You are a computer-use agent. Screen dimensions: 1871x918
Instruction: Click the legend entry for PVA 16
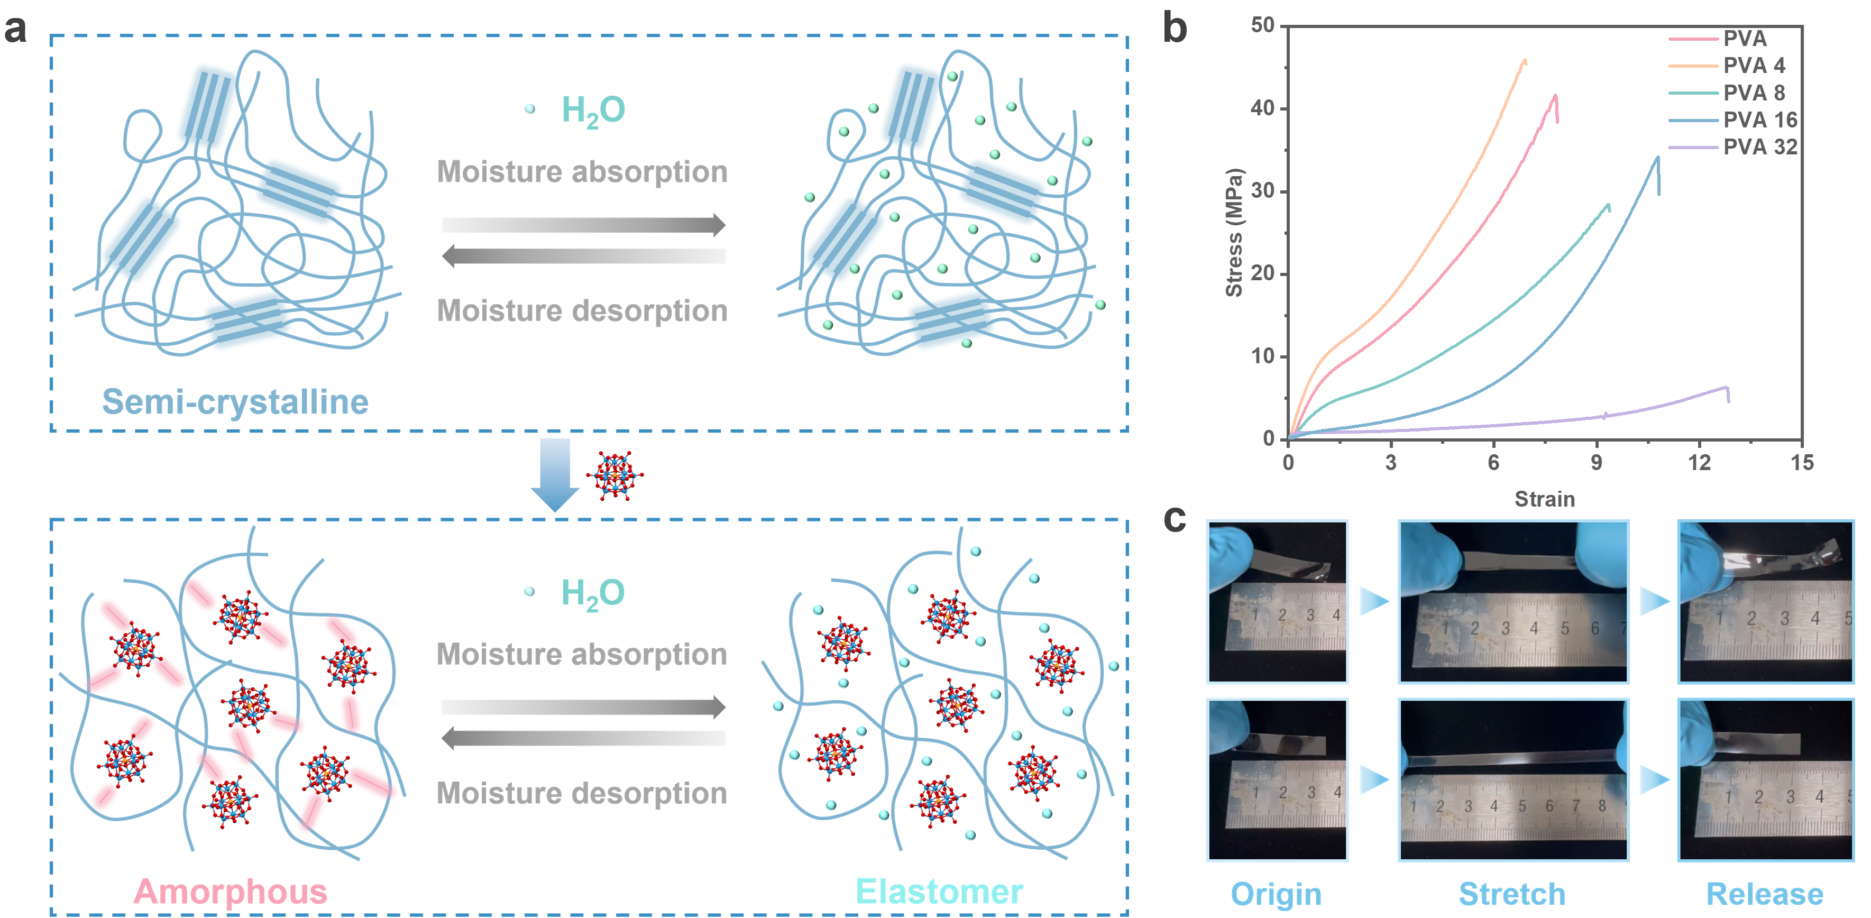coord(1733,120)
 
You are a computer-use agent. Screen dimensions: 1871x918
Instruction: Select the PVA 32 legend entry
coord(1733,146)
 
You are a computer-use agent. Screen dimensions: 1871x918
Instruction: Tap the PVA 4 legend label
coord(1754,66)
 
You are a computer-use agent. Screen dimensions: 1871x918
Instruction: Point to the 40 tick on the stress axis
coord(1263,108)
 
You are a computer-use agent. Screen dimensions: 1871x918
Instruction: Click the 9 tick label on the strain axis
coord(1595,463)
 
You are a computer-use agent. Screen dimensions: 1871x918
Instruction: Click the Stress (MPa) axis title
coord(1234,232)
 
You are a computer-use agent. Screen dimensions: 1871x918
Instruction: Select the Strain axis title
coord(1544,499)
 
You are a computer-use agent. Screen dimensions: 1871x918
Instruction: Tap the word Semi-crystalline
coord(235,402)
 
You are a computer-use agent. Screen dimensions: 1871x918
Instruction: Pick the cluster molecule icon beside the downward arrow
coord(616,475)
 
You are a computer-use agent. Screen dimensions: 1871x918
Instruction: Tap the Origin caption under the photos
coord(1276,894)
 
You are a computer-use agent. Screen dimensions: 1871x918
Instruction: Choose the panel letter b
coord(1175,29)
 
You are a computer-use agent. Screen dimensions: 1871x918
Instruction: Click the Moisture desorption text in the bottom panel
coord(582,793)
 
